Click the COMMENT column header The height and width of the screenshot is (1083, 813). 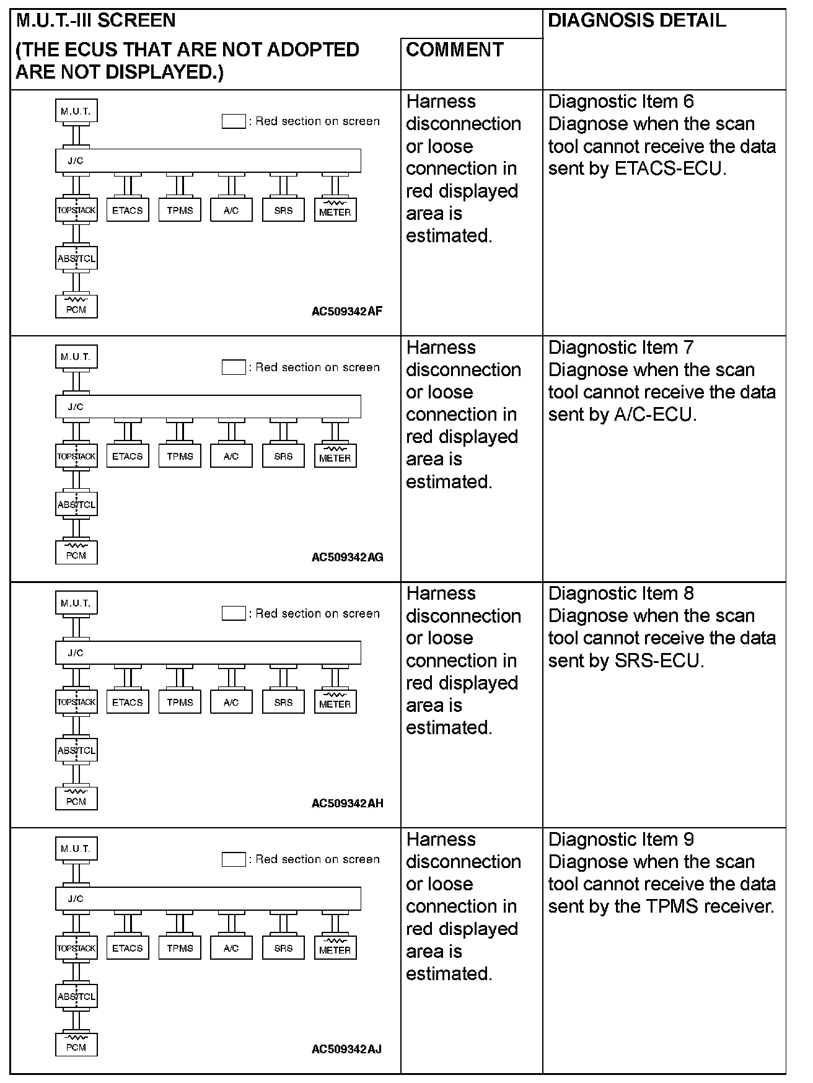(454, 50)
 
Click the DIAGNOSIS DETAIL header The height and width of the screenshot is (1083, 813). (636, 21)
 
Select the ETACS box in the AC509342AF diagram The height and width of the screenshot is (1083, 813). (128, 211)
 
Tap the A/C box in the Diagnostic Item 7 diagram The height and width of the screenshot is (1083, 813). (231, 457)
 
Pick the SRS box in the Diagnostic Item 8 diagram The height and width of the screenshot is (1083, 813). (283, 702)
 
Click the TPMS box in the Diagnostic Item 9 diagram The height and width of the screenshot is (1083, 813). (180, 948)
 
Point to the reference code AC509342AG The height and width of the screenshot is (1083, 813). (347, 557)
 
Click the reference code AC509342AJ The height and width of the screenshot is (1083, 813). (346, 1049)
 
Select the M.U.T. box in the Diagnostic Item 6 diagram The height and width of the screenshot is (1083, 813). (76, 112)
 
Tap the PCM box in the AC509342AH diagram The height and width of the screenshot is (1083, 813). (76, 798)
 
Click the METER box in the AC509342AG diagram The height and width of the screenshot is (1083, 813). (335, 457)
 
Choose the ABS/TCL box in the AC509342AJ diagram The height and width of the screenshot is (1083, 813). (76, 996)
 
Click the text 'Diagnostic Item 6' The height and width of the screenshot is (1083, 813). (621, 102)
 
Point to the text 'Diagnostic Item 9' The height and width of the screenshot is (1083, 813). (621, 840)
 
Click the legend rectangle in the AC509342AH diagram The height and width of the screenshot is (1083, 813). (234, 613)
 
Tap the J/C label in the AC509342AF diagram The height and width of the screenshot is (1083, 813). (76, 161)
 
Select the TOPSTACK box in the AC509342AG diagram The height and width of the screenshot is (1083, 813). (76, 457)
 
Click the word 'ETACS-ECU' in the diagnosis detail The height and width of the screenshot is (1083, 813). (669, 169)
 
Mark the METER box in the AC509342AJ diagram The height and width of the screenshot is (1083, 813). (335, 948)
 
